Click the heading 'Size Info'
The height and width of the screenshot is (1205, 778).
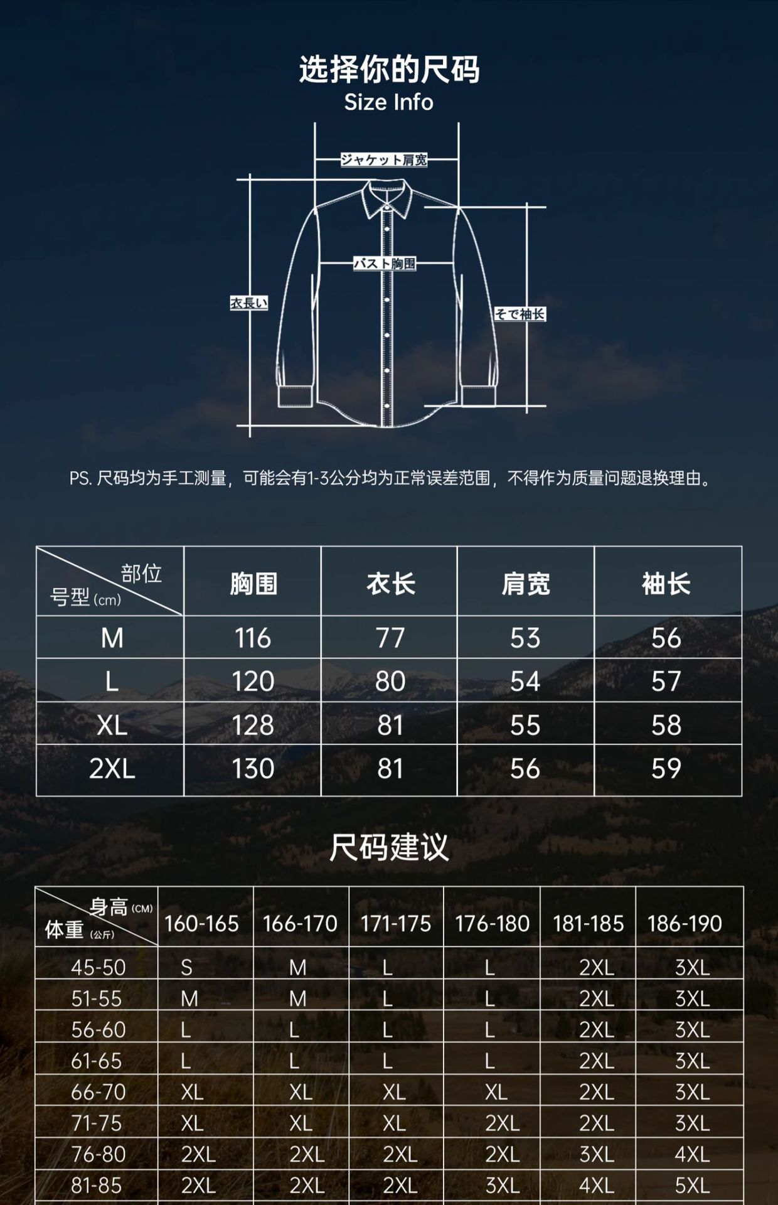388,102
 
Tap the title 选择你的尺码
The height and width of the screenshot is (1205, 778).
389,69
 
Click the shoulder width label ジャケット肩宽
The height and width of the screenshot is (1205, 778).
384,159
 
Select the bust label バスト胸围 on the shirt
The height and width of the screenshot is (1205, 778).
385,264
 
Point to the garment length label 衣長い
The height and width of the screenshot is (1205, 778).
249,303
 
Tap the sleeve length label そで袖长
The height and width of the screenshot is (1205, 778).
520,314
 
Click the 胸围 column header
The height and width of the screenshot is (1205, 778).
253,584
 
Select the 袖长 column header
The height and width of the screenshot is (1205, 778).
666,584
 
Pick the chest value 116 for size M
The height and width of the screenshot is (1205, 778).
253,638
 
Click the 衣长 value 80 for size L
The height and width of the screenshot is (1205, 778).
390,682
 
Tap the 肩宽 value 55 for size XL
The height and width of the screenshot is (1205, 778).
525,726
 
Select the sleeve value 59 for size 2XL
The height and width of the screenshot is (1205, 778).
666,769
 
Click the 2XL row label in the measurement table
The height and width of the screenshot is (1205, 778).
112,769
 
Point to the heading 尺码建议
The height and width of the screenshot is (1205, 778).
389,847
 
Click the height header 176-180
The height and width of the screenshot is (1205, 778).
493,924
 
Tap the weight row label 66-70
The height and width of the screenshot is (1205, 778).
98,1092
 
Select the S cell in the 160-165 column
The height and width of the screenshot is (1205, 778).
186,968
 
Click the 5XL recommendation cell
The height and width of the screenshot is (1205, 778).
692,1186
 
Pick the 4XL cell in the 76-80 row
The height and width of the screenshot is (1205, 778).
692,1154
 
